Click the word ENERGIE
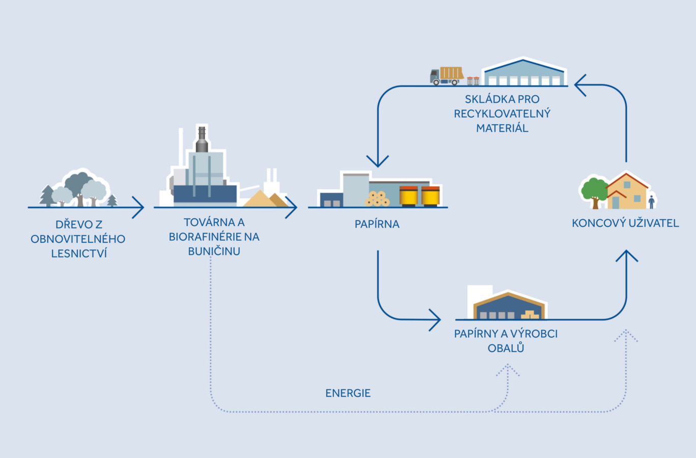(x=348, y=393)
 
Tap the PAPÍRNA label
(x=377, y=224)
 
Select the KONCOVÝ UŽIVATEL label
(x=625, y=223)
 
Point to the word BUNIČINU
(x=214, y=251)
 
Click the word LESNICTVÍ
(x=79, y=253)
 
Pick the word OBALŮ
(x=506, y=349)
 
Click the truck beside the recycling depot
(x=447, y=76)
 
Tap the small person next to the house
(x=651, y=202)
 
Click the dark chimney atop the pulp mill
(x=202, y=139)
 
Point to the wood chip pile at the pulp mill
(x=265, y=199)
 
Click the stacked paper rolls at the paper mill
(x=378, y=198)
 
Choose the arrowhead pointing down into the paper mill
(x=378, y=161)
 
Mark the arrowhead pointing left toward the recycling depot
(x=581, y=85)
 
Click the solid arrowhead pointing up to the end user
(x=626, y=256)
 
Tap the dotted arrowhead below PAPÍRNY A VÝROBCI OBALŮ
(x=508, y=370)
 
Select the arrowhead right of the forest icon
(x=138, y=208)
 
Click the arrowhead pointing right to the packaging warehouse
(x=435, y=320)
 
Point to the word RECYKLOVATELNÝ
(x=502, y=114)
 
